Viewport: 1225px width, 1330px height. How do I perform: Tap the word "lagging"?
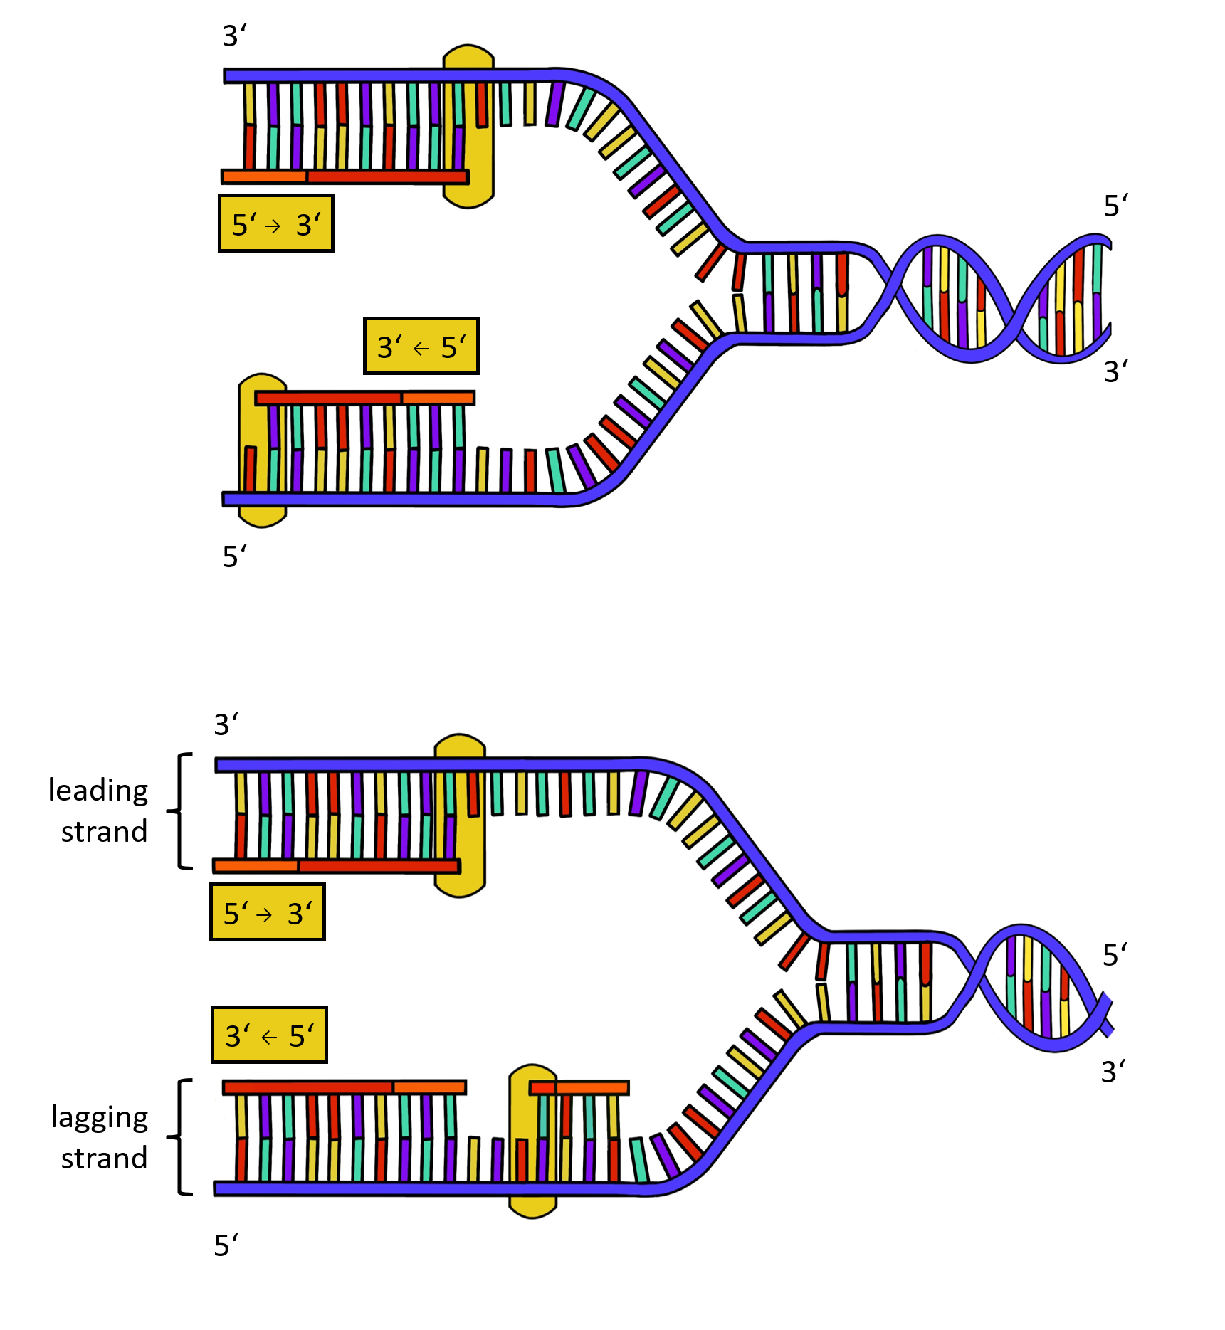tap(99, 1118)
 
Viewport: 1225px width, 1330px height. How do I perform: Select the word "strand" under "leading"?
tap(104, 831)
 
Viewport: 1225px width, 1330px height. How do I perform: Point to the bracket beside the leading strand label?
tap(181, 811)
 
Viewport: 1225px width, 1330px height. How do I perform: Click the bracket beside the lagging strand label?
tap(181, 1136)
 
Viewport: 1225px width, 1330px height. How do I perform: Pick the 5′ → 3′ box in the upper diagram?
tap(276, 223)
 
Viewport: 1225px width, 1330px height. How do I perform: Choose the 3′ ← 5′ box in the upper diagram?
tap(421, 346)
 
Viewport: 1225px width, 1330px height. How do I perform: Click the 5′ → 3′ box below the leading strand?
tap(268, 912)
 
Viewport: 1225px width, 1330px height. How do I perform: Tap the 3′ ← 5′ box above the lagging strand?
tap(269, 1035)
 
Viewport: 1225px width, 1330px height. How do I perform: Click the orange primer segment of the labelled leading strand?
tap(256, 866)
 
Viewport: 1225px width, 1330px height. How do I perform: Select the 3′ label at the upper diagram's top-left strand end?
tap(234, 36)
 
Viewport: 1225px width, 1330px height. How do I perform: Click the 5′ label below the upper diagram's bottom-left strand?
tap(234, 556)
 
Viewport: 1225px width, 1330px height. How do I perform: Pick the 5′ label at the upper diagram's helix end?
tap(1115, 206)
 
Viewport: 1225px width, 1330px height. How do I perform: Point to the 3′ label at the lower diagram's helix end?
tap(1113, 1072)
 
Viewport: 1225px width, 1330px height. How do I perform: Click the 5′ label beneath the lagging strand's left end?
tap(226, 1245)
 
